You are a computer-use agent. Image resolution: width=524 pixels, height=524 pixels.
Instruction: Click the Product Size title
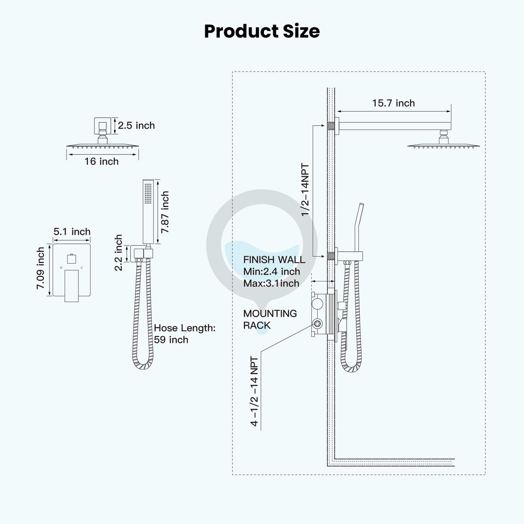pos(262,31)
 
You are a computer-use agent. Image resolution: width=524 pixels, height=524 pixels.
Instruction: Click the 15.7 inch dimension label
pos(393,103)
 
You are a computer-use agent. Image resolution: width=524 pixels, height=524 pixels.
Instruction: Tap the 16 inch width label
pos(102,161)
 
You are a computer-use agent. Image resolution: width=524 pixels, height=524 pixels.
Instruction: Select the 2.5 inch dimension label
pos(136,125)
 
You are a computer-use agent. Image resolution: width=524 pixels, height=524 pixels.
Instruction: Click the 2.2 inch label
pos(119,253)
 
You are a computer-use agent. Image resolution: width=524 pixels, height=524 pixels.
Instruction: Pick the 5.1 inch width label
pos(72,232)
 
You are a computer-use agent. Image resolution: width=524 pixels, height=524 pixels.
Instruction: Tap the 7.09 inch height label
pos(40,268)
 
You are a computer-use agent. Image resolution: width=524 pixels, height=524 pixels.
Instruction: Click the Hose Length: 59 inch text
pos(184,334)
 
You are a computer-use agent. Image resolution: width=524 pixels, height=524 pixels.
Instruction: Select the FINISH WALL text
pos(274,260)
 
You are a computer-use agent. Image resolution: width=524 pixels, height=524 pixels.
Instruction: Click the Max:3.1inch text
pos(271,283)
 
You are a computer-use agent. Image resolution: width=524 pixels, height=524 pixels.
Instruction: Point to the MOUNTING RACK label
pos(270,319)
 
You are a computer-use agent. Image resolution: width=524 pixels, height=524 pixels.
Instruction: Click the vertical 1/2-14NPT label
pos(305,190)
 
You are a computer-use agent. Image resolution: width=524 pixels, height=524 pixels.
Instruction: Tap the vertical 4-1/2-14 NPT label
pos(254,392)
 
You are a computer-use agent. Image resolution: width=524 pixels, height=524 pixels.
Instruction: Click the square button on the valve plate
pos(71,259)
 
